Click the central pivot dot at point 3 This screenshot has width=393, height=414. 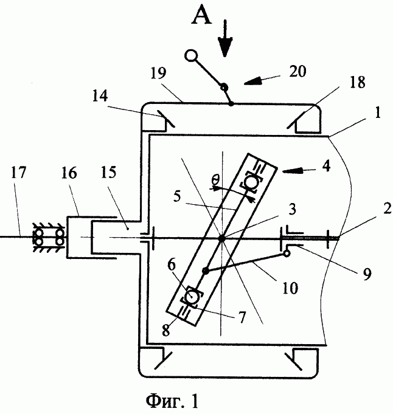[x=220, y=237]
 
